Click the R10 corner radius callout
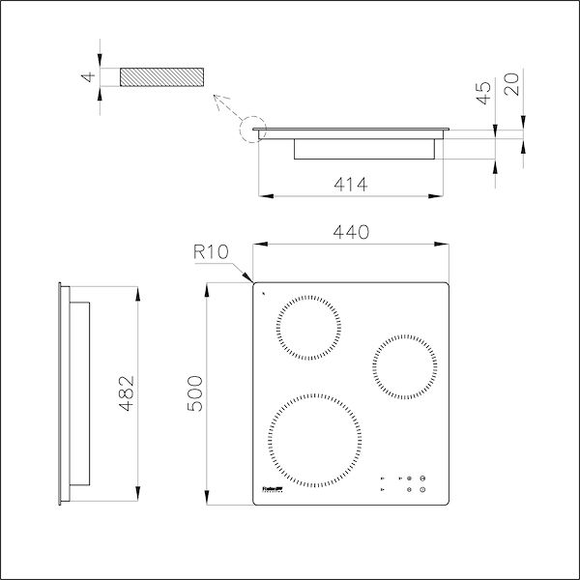[210, 253]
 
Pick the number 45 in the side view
[484, 93]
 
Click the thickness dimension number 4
[86, 77]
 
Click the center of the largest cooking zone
[317, 441]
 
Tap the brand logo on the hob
[274, 490]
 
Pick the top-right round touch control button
[423, 478]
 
